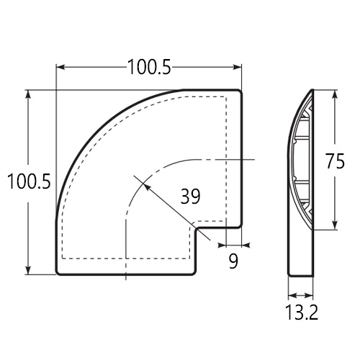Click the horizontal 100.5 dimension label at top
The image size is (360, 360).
coord(149,67)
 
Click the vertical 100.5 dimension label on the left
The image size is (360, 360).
coord(29,181)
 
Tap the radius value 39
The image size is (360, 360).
coord(190,197)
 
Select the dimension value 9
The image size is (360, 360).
coord(233,261)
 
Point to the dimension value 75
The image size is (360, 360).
coord(335,161)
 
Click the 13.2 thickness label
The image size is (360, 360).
coord(302,312)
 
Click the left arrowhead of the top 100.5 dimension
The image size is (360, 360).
coord(59,67)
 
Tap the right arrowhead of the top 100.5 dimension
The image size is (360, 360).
coord(238,67)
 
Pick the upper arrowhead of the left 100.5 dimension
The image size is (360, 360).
coord(28,94)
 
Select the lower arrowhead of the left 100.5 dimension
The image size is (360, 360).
coord(28,271)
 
